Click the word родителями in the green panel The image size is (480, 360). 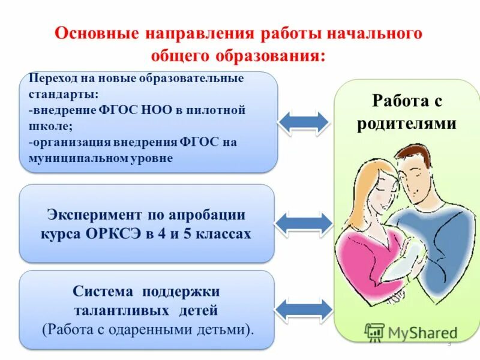point(407,124)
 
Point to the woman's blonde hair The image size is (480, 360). point(363,180)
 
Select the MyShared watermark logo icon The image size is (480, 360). point(374,332)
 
